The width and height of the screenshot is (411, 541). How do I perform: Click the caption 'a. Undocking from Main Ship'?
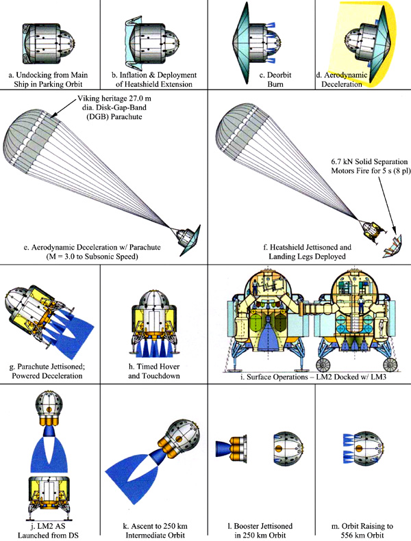click(x=48, y=79)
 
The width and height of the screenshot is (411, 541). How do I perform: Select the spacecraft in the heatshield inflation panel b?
click(x=152, y=42)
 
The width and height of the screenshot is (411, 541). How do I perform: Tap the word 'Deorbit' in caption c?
click(x=275, y=75)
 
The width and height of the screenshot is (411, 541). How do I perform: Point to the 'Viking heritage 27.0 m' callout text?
click(x=114, y=98)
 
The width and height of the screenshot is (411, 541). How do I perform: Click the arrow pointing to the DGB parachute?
click(x=63, y=109)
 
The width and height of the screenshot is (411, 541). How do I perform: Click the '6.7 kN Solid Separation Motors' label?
click(x=370, y=166)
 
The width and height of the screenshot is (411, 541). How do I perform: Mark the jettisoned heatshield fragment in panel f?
click(x=393, y=246)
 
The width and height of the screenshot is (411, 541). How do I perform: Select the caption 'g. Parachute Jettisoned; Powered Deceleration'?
click(x=47, y=371)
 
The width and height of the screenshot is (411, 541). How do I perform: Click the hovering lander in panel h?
click(x=153, y=324)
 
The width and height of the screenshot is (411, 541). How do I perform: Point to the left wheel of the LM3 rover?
click(x=324, y=365)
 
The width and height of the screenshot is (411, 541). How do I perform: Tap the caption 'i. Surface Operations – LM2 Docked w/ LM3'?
click(x=314, y=377)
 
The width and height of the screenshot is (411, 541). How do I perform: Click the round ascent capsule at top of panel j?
click(x=49, y=404)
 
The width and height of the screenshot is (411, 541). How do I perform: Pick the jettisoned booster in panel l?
click(x=231, y=448)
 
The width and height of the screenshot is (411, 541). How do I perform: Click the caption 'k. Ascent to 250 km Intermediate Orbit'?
click(x=155, y=531)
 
